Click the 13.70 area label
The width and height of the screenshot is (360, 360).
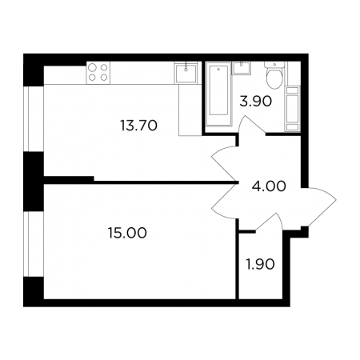click(x=138, y=126)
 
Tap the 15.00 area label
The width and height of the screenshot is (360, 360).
click(x=127, y=233)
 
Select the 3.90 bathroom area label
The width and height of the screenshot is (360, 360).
click(x=255, y=102)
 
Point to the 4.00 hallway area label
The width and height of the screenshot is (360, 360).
click(x=269, y=186)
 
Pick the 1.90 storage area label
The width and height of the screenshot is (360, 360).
click(x=260, y=265)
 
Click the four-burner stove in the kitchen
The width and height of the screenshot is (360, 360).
click(x=98, y=73)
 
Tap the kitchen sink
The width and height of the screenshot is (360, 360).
click(x=186, y=74)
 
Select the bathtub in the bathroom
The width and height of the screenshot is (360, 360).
click(x=218, y=94)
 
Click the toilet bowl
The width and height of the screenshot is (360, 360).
click(x=274, y=78)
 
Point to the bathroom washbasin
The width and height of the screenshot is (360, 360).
click(x=242, y=68)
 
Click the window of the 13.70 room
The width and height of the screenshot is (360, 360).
click(x=34, y=119)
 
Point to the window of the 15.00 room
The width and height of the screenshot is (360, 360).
click(x=34, y=244)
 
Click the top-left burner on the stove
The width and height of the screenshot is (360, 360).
click(x=92, y=67)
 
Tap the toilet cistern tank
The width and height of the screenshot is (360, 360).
click(x=274, y=65)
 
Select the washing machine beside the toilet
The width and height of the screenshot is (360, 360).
click(x=293, y=109)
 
